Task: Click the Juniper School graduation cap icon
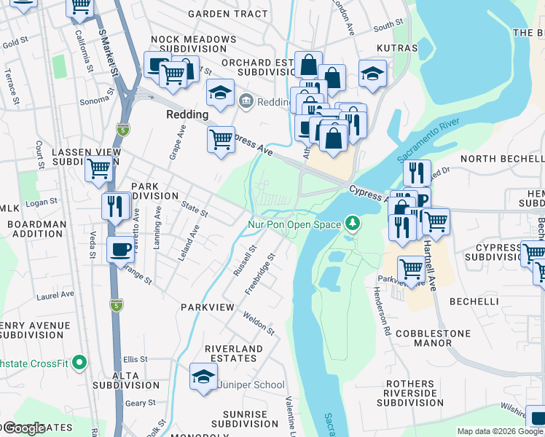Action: [x=204, y=376]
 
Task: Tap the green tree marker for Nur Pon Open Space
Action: [x=353, y=223]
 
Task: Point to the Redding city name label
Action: [x=187, y=114]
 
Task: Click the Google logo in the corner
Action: [x=25, y=428]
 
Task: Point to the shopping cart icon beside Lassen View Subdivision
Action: [x=98, y=169]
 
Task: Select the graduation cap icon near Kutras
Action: [x=372, y=73]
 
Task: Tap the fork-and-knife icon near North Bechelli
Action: [x=417, y=173]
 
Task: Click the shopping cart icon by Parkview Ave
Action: [x=412, y=269]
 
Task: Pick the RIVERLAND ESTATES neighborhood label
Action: [x=233, y=354]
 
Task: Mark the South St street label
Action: [x=383, y=28]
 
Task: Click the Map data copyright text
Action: [x=500, y=431]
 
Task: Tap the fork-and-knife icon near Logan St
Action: [x=115, y=205]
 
